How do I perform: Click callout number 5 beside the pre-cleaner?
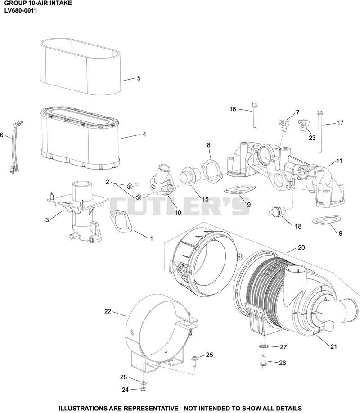139,78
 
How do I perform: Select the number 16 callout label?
233,109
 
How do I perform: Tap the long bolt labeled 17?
320,131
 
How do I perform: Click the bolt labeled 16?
254,115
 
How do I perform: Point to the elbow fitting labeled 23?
303,125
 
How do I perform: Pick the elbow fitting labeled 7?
283,125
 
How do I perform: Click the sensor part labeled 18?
277,211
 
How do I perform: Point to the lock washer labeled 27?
263,346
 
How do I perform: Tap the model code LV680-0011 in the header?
21,10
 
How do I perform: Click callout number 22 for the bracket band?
108,311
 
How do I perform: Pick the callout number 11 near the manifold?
339,161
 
